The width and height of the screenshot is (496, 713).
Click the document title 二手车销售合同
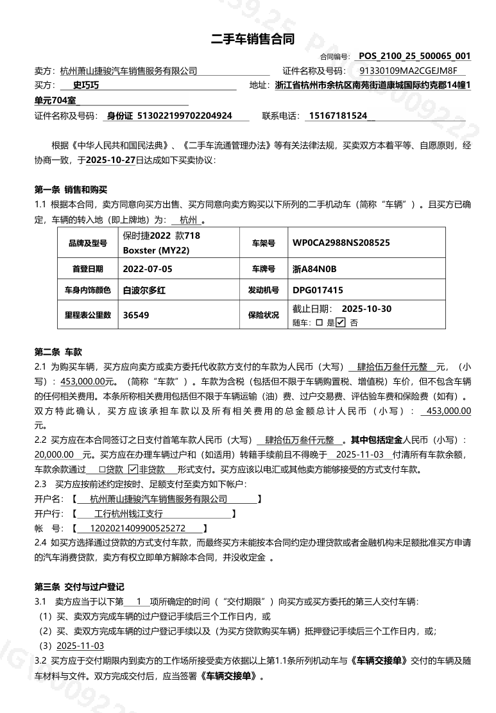pos(253,40)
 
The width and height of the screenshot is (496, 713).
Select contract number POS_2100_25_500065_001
pos(415,56)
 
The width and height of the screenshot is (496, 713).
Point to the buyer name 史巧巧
pos(85,86)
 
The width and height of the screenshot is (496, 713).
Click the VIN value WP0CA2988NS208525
pos(341,243)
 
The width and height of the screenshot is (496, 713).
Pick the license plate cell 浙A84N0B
pos(314,268)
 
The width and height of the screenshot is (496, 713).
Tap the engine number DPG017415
pos(318,291)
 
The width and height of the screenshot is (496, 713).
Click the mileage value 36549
pos(135,315)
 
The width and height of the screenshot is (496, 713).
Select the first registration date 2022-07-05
pos(148,268)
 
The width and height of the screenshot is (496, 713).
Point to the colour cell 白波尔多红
pos(144,291)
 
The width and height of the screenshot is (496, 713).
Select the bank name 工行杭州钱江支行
pos(128,514)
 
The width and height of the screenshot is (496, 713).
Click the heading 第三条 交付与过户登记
pos(79,587)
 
